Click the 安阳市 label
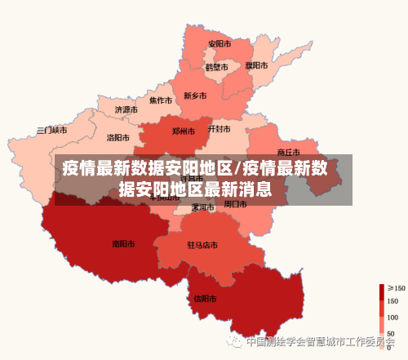point(219,44)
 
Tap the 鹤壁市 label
point(216,67)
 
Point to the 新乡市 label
point(195,96)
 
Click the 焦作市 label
point(160,101)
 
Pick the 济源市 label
point(126,109)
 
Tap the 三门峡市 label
point(52,130)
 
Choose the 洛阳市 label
point(118,137)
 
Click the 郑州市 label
point(183,131)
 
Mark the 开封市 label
point(219,129)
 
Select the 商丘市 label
point(289,152)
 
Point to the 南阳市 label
point(123,242)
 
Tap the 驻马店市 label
point(202,245)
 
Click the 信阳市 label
point(205,298)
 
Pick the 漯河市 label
point(202,207)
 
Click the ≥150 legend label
point(396,288)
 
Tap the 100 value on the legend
point(392,318)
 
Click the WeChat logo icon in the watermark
point(236,341)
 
